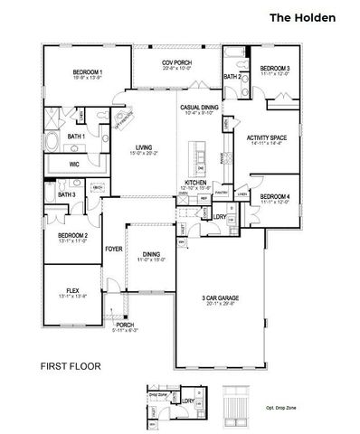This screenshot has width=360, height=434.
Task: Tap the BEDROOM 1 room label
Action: point(88,72)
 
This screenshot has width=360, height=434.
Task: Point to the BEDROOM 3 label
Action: point(274,69)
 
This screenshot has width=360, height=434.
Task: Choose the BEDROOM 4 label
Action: point(274,196)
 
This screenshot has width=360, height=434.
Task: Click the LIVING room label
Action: point(144,147)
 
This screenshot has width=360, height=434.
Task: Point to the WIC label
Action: point(77,165)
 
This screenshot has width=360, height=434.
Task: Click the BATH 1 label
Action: point(77,137)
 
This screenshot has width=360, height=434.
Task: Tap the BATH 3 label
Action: point(66,194)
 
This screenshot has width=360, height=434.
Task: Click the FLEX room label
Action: point(72,290)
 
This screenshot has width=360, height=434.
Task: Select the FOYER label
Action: point(113,248)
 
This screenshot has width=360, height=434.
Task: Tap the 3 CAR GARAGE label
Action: point(222,298)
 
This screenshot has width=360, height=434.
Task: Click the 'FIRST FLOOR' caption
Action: point(71,367)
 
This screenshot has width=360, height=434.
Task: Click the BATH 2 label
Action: point(232,77)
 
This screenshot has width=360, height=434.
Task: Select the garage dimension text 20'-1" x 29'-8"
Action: point(222,305)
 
